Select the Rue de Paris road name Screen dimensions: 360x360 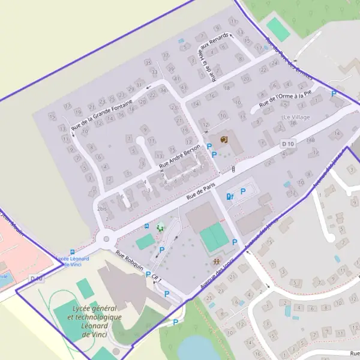point(200,191)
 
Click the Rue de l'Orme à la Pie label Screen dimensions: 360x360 point(286,100)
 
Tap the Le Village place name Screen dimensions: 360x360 point(296,117)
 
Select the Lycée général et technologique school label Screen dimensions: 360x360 point(94,316)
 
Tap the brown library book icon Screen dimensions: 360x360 point(224,139)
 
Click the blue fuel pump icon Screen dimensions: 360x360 point(229,196)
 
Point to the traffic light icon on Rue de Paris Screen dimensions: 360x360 point(233,169)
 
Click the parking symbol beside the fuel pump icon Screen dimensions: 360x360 point(243,191)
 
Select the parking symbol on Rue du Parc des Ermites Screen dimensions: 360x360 point(334,94)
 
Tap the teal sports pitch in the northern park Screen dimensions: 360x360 point(278,29)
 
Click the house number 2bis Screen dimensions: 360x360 point(101,209)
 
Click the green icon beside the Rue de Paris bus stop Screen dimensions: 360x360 point(160,227)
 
